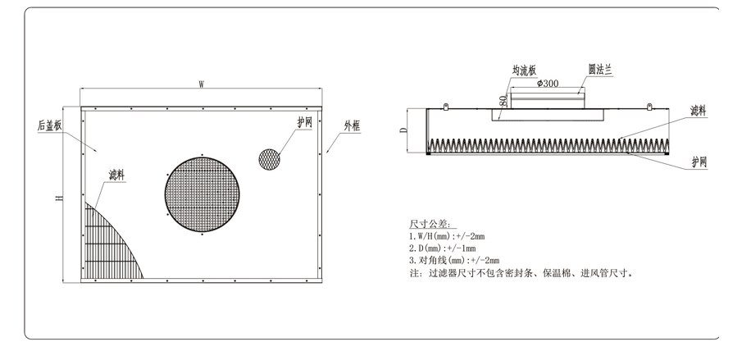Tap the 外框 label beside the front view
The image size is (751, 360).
point(352,125)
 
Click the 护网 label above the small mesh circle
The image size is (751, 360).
point(304,122)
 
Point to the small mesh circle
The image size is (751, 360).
point(270,159)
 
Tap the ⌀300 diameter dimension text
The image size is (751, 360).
point(548,84)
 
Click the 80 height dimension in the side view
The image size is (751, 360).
point(501,102)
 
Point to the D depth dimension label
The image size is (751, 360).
point(403,130)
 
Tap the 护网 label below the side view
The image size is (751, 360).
point(699,163)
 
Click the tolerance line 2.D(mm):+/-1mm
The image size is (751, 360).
point(442,248)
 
